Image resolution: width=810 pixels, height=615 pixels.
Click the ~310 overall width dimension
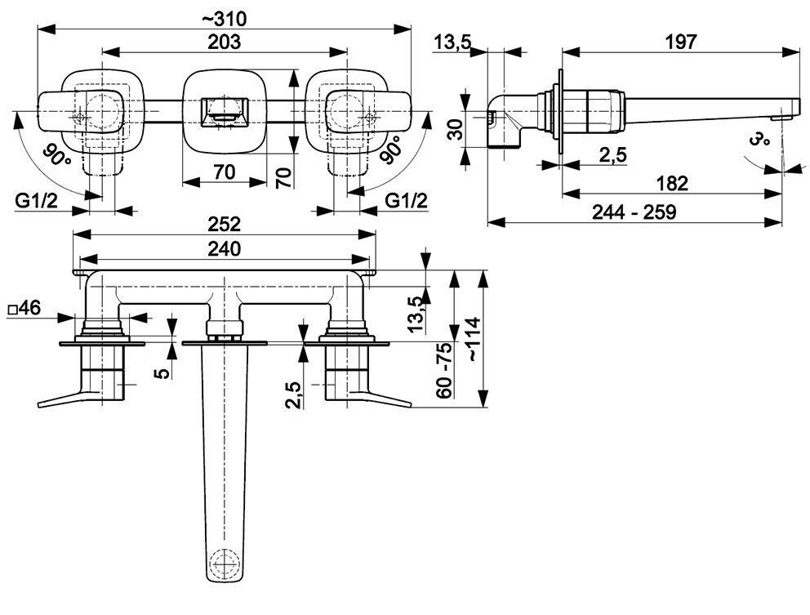click(225, 19)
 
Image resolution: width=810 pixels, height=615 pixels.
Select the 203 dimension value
click(225, 42)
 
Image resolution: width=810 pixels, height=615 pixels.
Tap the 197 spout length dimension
click(681, 42)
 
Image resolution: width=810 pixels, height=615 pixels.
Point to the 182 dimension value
click(672, 183)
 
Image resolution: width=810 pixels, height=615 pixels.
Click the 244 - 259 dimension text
click(634, 212)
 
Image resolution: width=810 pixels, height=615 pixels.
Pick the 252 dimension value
click(225, 225)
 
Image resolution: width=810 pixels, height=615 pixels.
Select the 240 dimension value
click(225, 248)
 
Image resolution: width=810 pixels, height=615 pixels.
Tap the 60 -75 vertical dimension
click(444, 370)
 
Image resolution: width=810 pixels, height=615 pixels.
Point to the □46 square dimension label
click(24, 309)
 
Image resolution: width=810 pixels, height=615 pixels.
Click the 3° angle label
click(759, 139)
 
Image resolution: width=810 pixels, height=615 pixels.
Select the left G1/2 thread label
click(36, 201)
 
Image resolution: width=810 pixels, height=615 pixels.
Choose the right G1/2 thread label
click(407, 201)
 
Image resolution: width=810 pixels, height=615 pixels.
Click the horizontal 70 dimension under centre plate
click(225, 172)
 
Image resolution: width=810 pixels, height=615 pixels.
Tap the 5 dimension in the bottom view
click(162, 372)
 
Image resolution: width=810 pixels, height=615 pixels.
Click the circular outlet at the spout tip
click(225, 562)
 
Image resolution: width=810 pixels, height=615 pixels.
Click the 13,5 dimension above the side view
click(452, 42)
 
